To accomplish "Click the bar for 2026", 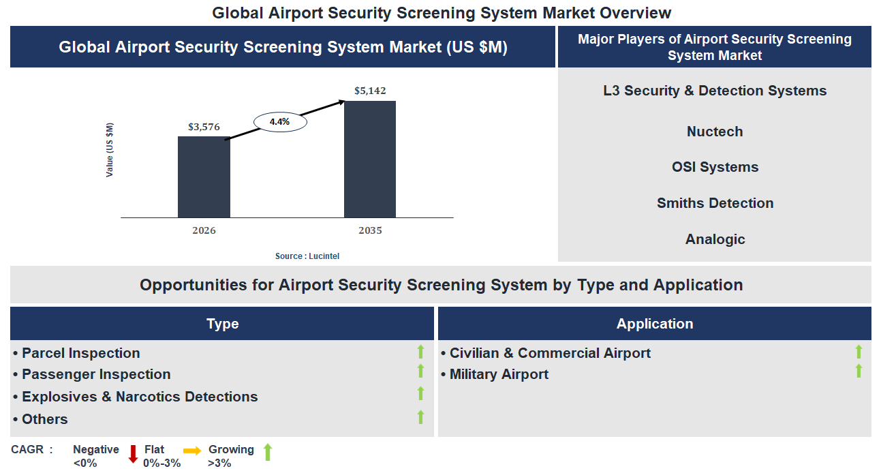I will (204, 177).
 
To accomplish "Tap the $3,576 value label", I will (204, 127).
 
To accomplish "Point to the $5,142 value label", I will (370, 91).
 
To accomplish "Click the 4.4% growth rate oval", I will (279, 122).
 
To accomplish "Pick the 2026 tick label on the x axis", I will (204, 230).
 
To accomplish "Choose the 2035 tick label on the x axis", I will (370, 230).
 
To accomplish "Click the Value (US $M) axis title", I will (110, 150).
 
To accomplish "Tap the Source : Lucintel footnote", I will (307, 256).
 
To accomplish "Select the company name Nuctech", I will (714, 132).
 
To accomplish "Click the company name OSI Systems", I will (714, 167).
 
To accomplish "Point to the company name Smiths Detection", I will (714, 203).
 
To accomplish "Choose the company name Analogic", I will (714, 239).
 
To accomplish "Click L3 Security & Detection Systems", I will (714, 91).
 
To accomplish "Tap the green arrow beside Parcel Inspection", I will (420, 352).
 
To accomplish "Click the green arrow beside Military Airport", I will (859, 371).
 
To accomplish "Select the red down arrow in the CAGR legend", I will (133, 453).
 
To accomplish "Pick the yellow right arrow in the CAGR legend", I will (192, 451).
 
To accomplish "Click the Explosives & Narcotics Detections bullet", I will (139, 397).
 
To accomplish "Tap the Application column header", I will (654, 324).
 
